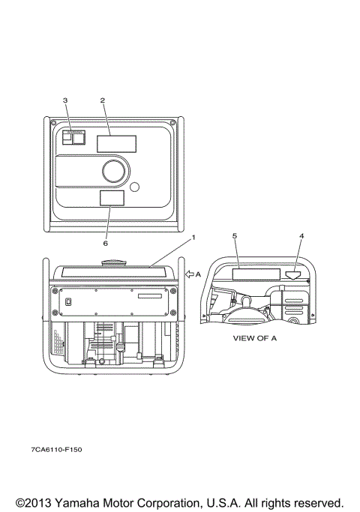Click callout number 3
65,100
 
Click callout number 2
103,100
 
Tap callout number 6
105,244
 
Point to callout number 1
193,238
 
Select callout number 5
235,235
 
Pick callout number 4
301,235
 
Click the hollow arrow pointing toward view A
190,274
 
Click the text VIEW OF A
255,338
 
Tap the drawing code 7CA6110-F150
56,450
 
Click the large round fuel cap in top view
114,171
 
